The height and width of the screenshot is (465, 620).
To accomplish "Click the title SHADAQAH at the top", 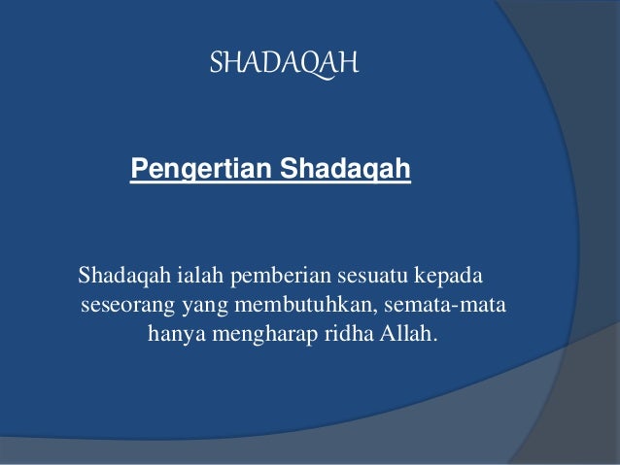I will pos(285,64).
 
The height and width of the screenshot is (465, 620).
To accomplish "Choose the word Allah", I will pos(400,338).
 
